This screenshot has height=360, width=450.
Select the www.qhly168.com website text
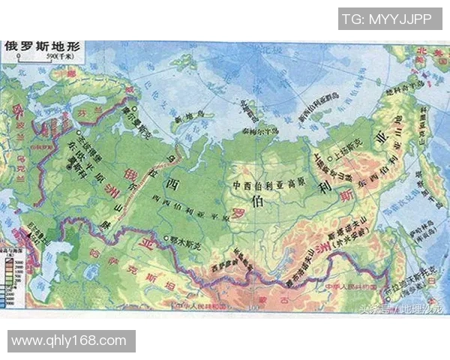(x=68, y=341)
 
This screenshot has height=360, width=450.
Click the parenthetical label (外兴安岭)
(x=346, y=242)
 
